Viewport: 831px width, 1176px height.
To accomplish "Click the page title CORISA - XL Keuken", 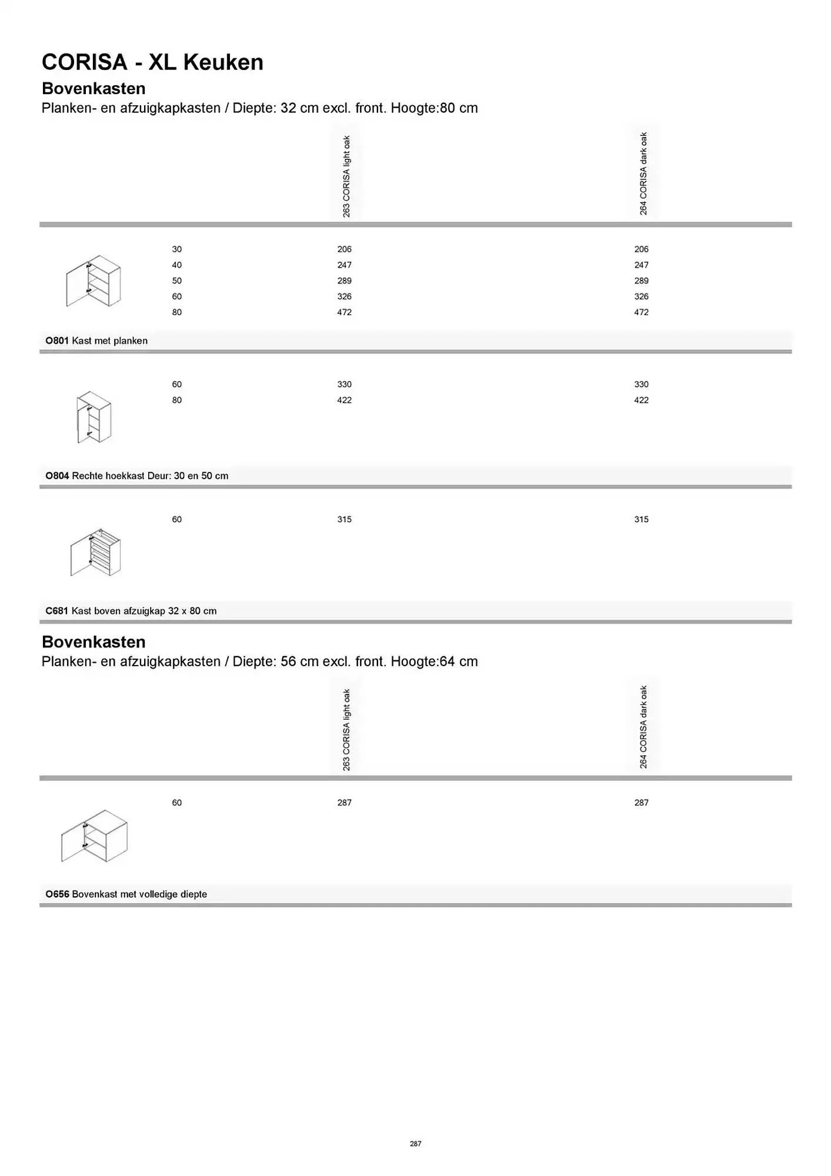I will (x=152, y=62).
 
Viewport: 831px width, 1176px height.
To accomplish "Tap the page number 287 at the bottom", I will (x=415, y=1144).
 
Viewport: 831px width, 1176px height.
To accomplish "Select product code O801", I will (x=57, y=341).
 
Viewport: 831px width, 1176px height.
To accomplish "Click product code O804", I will (x=57, y=476).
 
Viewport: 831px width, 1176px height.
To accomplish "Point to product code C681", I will (x=57, y=612).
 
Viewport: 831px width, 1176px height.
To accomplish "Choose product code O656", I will (x=57, y=894).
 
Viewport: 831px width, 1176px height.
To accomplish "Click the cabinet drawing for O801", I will (x=94, y=281).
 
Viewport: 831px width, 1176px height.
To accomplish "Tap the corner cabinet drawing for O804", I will (x=94, y=417).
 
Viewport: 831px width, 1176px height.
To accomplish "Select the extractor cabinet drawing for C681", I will (x=95, y=552).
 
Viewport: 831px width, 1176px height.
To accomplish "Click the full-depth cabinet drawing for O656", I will (x=94, y=836).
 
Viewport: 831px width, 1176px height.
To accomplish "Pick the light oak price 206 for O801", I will (x=344, y=249).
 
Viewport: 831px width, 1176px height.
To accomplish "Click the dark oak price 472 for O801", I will (x=641, y=312).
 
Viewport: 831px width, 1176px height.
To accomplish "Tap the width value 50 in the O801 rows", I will (x=176, y=281).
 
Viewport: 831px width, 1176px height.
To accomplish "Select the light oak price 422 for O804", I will (x=344, y=400).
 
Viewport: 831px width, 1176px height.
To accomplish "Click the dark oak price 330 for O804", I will (x=641, y=385).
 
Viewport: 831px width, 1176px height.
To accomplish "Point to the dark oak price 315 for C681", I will (x=641, y=520).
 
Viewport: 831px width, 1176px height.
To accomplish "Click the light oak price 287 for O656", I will (x=344, y=803).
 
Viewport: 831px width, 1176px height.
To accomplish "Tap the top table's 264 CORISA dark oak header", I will (x=643, y=173).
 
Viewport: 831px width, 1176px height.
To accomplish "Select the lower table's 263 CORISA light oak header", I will (x=346, y=730).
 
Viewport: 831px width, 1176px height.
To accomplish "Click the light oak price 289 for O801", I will (x=344, y=281).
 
